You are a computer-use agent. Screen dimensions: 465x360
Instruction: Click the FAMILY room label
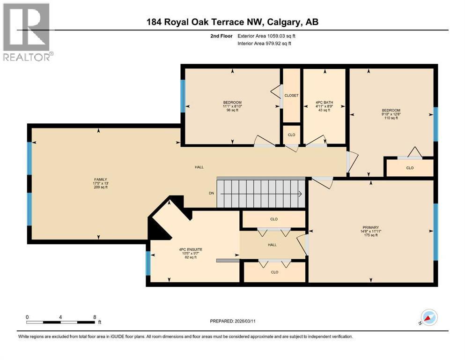(101, 180)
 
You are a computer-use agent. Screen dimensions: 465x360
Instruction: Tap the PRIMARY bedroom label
(371, 227)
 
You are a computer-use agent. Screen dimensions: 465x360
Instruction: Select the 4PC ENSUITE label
(191, 249)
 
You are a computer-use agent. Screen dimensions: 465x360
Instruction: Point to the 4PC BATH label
(324, 102)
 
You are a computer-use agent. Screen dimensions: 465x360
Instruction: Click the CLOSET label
(292, 96)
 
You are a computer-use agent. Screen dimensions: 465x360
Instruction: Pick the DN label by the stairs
(212, 193)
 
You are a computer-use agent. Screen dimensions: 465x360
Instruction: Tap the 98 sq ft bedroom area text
(232, 110)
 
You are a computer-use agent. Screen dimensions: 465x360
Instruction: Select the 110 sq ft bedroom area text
(391, 118)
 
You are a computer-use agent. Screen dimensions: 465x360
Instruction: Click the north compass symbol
(429, 317)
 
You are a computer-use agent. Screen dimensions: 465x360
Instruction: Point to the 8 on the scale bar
(95, 317)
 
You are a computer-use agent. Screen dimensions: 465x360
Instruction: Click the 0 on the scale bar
(27, 317)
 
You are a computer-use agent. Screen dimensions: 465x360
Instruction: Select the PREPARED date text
(232, 321)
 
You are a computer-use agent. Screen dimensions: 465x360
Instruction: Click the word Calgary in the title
(282, 22)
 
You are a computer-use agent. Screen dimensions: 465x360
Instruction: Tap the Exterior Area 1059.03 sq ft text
(266, 36)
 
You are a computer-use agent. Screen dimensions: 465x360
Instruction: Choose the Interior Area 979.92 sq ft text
(264, 43)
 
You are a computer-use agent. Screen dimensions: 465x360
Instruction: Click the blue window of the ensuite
(148, 263)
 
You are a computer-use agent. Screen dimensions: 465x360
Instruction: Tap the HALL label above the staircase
(199, 167)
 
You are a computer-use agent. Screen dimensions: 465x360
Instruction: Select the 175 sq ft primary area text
(371, 235)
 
